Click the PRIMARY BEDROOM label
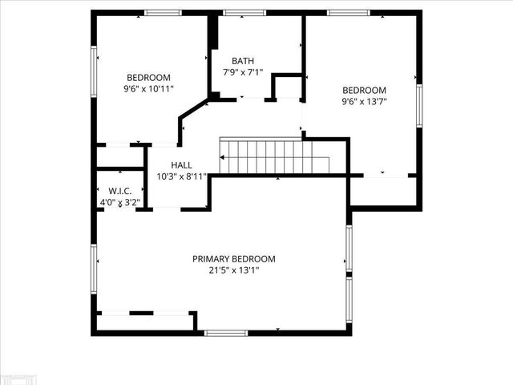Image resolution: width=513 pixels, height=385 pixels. coord(233,259)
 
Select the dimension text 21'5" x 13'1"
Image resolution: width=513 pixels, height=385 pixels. coord(233,271)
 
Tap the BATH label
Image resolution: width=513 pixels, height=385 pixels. coord(244,61)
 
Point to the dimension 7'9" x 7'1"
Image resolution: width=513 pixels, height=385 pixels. coord(244,72)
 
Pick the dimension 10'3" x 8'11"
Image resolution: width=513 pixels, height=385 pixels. coord(181,176)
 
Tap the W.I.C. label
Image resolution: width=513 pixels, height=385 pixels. coord(119,191)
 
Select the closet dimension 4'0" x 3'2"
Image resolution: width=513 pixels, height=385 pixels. coord(119,203)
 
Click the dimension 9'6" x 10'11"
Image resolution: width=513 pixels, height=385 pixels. coord(148,89)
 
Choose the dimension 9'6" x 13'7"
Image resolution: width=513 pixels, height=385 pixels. coord(364,102)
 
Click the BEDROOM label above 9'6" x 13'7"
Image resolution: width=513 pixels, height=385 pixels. coord(364,90)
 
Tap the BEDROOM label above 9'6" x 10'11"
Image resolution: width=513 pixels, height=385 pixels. coord(148,77)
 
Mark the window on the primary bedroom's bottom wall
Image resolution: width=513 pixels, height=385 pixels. coord(227,332)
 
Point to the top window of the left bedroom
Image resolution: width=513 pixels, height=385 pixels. coord(163,13)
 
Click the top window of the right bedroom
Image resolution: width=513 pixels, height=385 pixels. coord(348,13)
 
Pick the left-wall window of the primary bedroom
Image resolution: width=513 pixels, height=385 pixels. coord(94,265)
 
